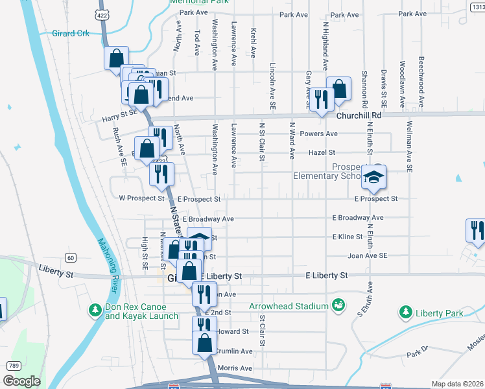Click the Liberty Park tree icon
[407, 312]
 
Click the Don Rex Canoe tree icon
[95, 310]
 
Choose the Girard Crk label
[73, 32]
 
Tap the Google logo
[22, 381]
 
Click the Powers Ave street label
[319, 134]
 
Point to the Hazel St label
[322, 152]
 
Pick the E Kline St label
[347, 237]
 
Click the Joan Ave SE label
[368, 256]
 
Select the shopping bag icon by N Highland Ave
[338, 89]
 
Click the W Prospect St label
[141, 198]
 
